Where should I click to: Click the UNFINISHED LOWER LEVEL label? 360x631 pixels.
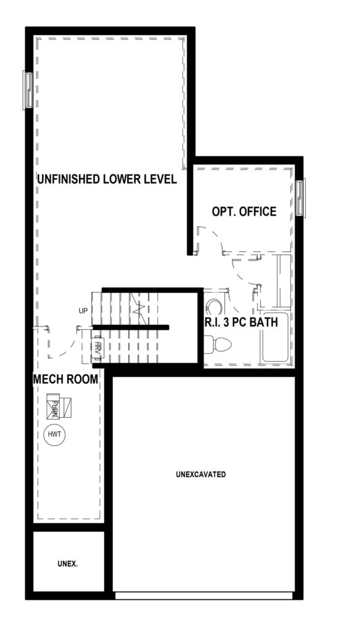click(x=107, y=179)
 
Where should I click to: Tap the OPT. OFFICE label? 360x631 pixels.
click(x=244, y=211)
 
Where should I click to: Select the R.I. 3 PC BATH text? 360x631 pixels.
click(x=241, y=322)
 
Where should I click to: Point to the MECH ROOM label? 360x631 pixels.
click(x=65, y=379)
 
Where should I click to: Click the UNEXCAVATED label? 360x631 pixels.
click(x=200, y=474)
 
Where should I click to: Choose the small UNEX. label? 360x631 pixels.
click(x=68, y=564)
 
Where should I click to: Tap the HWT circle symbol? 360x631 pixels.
click(x=55, y=434)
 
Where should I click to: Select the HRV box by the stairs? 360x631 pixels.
click(x=97, y=346)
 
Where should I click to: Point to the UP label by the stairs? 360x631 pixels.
click(x=84, y=311)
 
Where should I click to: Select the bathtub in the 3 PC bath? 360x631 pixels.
click(x=275, y=338)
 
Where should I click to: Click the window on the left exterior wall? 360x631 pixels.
click(x=28, y=90)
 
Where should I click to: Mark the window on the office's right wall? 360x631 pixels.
click(x=300, y=198)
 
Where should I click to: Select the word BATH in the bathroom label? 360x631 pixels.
click(x=264, y=322)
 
